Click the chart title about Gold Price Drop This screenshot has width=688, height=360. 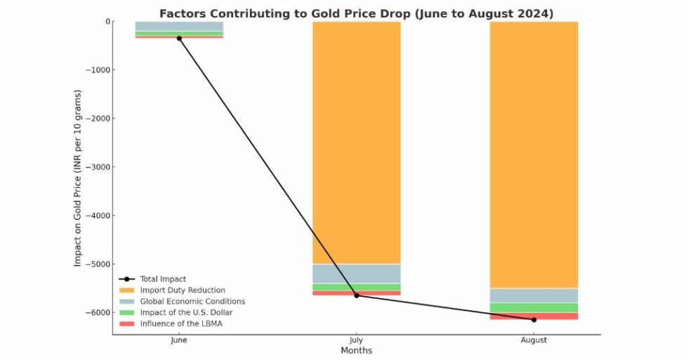[356, 13]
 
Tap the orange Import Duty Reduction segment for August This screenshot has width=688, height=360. [534, 154]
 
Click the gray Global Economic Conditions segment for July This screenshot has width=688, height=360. [356, 274]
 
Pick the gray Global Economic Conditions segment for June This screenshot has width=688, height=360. [179, 26]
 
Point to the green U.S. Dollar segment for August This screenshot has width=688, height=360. [534, 307]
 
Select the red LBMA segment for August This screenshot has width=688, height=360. [534, 316]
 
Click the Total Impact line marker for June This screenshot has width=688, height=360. [179, 38]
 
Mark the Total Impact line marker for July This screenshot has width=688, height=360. [356, 295]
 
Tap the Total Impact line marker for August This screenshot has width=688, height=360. [534, 319]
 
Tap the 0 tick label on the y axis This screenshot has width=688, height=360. [107, 22]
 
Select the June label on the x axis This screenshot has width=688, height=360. [179, 340]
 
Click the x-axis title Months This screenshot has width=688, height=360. [356, 350]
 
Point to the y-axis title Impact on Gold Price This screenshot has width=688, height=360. [78, 178]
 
